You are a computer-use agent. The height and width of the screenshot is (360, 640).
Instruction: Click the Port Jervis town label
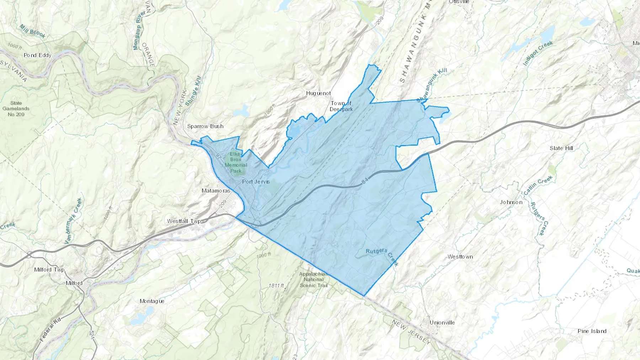tap(256, 182)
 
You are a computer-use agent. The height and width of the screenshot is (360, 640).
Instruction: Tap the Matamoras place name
tap(216, 191)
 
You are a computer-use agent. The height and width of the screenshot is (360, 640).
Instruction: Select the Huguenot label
tap(318, 93)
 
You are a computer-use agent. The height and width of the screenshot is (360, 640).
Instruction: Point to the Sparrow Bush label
tap(205, 126)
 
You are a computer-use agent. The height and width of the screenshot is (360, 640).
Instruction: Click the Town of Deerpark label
tap(341, 106)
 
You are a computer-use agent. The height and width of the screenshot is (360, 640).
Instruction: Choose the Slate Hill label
tap(561, 148)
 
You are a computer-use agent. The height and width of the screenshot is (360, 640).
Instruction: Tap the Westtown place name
tap(460, 257)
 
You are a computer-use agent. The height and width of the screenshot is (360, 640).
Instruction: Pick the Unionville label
tap(442, 323)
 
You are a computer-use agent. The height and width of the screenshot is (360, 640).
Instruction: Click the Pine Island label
tap(592, 331)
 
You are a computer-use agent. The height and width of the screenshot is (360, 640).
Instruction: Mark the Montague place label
tap(152, 301)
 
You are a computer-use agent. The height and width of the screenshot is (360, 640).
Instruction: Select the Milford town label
tap(74, 283)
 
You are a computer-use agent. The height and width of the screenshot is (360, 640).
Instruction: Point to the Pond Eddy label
tap(37, 55)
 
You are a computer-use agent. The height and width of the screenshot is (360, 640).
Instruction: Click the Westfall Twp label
tap(184, 221)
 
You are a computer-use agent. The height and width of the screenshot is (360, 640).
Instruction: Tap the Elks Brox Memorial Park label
tap(235, 162)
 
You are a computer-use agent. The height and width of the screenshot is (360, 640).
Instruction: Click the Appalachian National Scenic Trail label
tap(313, 280)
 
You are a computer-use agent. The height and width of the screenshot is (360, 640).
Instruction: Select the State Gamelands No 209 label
tap(16, 109)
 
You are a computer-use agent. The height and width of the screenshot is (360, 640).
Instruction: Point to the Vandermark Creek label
tap(73, 221)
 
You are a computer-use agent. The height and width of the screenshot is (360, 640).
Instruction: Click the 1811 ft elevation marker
tap(276, 286)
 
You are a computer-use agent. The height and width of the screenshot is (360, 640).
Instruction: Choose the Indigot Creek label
tap(538, 53)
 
